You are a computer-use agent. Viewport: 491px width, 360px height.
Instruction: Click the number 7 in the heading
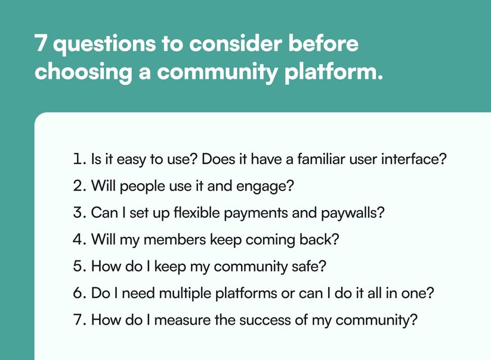[41, 45]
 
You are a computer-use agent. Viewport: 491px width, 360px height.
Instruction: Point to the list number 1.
[78, 160]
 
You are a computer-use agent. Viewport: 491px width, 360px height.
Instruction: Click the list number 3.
[79, 213]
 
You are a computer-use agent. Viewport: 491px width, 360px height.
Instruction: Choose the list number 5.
[79, 266]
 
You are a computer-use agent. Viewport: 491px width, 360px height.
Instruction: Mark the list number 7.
[79, 319]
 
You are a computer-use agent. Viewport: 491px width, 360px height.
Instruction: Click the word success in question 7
[271, 319]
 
